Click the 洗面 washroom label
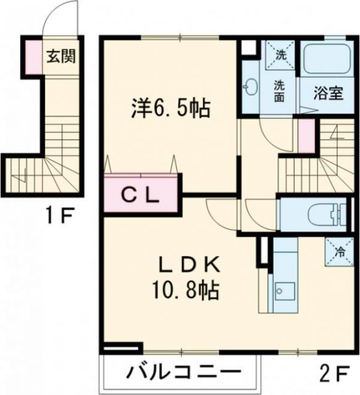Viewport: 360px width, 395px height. [280, 91]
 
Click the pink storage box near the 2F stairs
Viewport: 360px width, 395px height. [306, 136]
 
